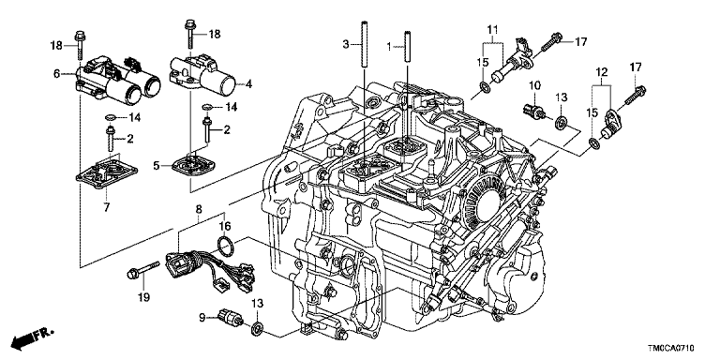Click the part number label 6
tap(56, 73)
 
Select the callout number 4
tap(248, 84)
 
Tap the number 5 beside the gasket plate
tap(157, 165)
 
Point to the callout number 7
tap(107, 207)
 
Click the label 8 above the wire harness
tap(199, 210)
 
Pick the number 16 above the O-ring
tap(225, 226)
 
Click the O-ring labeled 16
tap(225, 247)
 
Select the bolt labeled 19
tap(142, 270)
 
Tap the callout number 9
tap(202, 316)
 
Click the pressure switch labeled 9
tap(232, 318)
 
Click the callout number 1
tap(389, 46)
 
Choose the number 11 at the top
tap(492, 31)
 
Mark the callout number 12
tap(602, 71)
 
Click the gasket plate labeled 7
tap(107, 175)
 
